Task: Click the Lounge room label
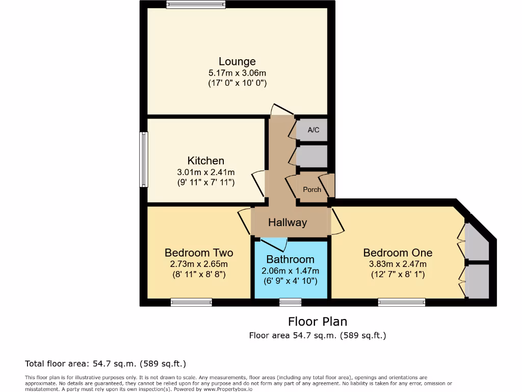[237, 62]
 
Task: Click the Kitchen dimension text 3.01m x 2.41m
[205, 172]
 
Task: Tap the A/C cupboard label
[313, 130]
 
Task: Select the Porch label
[312, 189]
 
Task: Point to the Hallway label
[288, 223]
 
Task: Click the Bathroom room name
[290, 259]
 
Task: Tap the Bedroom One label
[398, 253]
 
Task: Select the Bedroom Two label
[199, 253]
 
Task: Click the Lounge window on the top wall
[196, 5]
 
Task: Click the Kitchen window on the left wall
[144, 160]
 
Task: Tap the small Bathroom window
[290, 303]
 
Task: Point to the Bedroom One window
[401, 303]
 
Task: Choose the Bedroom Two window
[191, 303]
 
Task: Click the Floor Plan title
[317, 322]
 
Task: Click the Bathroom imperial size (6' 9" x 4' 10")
[290, 281]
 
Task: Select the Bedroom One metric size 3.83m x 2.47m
[398, 264]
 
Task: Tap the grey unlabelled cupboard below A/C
[312, 156]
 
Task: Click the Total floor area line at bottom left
[106, 364]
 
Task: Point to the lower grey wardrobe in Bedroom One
[478, 281]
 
